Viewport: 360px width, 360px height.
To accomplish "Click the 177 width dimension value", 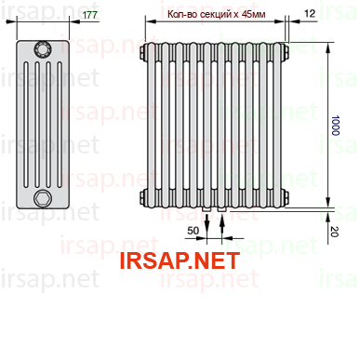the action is (x=90, y=15).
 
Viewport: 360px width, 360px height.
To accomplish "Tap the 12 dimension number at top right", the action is (x=310, y=13).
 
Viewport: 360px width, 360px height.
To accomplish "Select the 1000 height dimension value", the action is (x=336, y=126).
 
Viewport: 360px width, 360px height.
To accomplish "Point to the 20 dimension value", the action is (x=334, y=232).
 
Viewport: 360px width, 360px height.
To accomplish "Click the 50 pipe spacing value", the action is (x=193, y=231).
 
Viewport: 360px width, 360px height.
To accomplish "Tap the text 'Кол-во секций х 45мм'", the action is (x=216, y=14).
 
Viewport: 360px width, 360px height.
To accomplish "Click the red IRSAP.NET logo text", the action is (x=180, y=260).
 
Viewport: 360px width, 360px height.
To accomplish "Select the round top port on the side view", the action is (x=43, y=49).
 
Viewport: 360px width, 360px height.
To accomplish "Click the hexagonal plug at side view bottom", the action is (x=42, y=198).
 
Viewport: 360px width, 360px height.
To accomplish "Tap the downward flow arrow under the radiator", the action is (x=207, y=226).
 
